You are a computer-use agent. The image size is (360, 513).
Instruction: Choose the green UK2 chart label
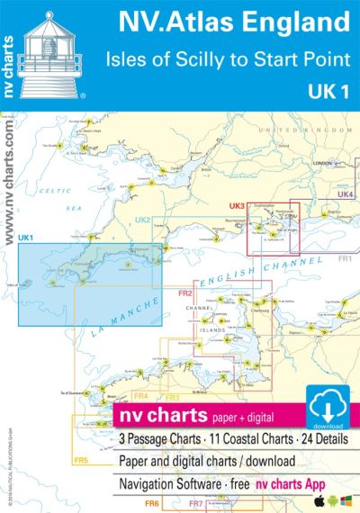(142, 220)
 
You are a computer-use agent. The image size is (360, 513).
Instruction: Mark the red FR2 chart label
(185, 293)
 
